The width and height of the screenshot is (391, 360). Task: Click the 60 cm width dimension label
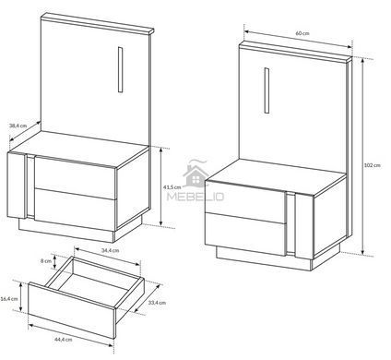(x=302, y=33)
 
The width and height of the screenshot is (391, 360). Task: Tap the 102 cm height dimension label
(x=372, y=165)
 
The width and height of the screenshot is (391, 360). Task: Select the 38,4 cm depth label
(x=18, y=126)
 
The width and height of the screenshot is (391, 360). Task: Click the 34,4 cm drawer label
(x=110, y=250)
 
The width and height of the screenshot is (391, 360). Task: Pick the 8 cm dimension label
(x=46, y=261)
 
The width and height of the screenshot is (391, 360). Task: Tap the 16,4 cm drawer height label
(x=9, y=299)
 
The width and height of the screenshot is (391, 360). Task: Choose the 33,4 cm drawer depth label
(x=157, y=303)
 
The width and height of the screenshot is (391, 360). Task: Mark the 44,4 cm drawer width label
(x=64, y=340)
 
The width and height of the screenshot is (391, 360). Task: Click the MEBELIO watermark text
(x=195, y=197)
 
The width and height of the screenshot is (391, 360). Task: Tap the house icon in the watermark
(x=195, y=176)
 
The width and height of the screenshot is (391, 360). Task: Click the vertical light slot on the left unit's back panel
(x=121, y=70)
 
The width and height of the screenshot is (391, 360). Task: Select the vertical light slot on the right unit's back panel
(x=267, y=90)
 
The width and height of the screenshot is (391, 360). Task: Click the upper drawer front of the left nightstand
(x=76, y=178)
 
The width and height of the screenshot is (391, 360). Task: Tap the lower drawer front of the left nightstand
(x=76, y=210)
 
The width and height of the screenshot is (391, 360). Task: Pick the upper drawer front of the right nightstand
(x=245, y=201)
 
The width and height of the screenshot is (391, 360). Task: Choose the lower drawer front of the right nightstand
(x=245, y=234)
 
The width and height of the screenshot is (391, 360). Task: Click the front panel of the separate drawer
(x=72, y=310)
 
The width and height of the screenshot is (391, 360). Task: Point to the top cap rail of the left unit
(x=97, y=23)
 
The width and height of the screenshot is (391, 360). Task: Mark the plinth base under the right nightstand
(x=265, y=258)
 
